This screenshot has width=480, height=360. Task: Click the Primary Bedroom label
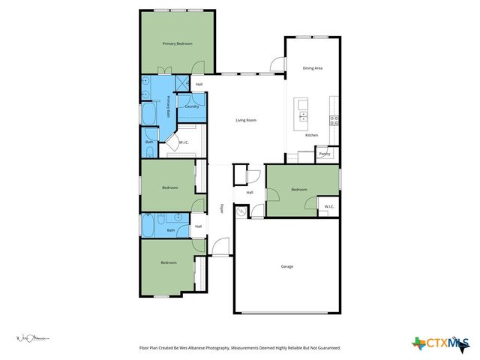click(x=178, y=44)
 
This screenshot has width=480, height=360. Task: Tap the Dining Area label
click(x=312, y=68)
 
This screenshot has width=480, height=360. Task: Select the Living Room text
click(x=246, y=120)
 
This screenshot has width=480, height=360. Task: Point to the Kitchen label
click(x=311, y=135)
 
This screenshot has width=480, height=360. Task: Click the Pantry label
click(x=325, y=154)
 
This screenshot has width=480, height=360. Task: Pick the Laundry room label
click(x=191, y=106)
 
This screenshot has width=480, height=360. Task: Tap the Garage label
click(x=286, y=266)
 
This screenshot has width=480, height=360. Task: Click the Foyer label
click(x=221, y=209)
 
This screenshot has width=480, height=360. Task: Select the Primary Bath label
click(x=169, y=106)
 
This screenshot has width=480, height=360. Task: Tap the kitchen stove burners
click(x=334, y=120)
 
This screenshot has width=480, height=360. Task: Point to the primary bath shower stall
click(x=181, y=84)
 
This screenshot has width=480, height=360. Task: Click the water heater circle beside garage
click(x=241, y=212)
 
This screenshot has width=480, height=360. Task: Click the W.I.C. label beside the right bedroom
click(x=328, y=206)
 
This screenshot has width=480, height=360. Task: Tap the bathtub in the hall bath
click(x=152, y=224)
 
